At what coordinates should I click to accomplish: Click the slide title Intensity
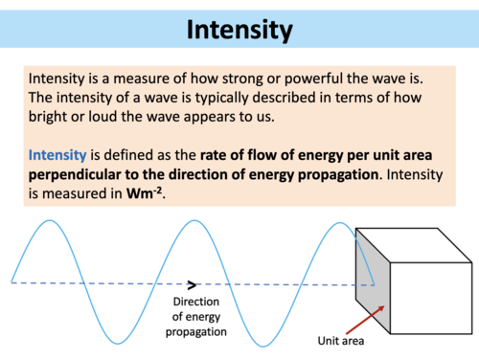(239, 31)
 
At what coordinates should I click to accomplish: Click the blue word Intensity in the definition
(58, 154)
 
